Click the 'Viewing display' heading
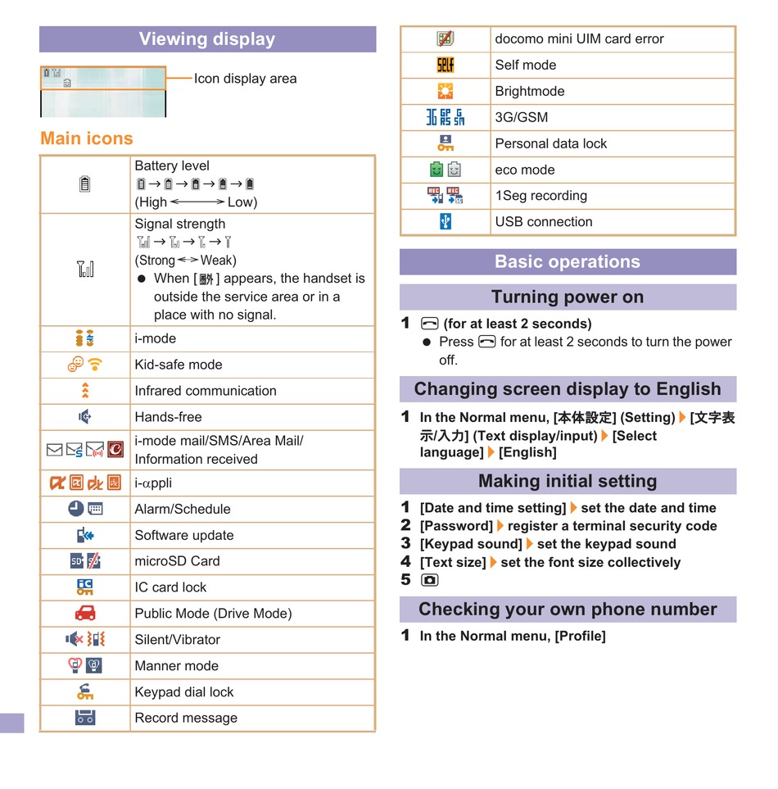207,39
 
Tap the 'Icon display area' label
245,79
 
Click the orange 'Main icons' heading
86,138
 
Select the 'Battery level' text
172,166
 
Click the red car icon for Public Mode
85,613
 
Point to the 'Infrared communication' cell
206,391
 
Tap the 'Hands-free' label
168,417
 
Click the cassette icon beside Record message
85,718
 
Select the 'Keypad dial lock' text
184,692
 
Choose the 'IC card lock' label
170,587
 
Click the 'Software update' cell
184,535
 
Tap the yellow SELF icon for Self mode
445,65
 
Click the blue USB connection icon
445,221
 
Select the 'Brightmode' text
530,91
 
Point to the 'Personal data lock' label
551,143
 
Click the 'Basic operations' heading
568,262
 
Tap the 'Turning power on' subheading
568,297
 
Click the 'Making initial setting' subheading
568,481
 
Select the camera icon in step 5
430,580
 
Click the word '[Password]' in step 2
456,526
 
